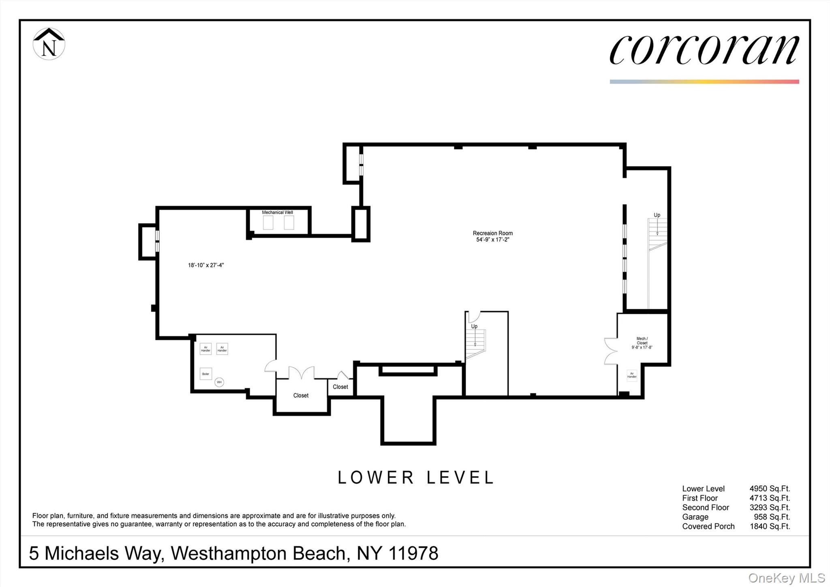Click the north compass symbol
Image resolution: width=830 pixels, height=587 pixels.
(49, 44)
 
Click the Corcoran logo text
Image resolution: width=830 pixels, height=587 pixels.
(704, 49)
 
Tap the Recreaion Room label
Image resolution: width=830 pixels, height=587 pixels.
(492, 233)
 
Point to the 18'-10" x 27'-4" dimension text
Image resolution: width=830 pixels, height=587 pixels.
(205, 265)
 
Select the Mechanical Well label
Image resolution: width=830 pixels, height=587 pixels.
(277, 212)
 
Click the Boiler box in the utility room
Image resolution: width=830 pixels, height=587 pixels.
(205, 374)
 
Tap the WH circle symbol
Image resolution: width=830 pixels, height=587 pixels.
(219, 382)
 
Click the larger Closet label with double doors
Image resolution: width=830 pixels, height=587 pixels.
(301, 395)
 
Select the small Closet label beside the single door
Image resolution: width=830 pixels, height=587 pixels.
(340, 387)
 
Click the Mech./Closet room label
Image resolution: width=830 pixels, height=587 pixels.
(642, 343)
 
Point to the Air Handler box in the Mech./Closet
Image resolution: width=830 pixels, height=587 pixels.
(631, 375)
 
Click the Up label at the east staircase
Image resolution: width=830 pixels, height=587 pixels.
(657, 215)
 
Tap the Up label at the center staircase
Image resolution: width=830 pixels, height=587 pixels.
(474, 326)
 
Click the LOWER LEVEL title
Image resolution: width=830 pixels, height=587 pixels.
(416, 478)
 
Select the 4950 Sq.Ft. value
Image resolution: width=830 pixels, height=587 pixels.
(769, 488)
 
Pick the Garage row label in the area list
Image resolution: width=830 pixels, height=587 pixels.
(695, 517)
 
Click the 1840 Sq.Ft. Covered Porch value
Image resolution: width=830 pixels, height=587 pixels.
(769, 526)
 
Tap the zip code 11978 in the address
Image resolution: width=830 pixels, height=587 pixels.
(413, 553)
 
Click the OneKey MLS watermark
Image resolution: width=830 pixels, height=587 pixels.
(786, 578)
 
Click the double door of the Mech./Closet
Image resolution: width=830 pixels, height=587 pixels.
(610, 351)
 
